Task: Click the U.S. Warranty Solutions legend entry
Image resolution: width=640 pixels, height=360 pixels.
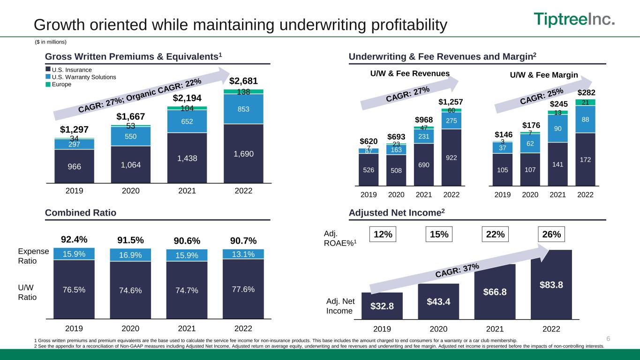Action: pos(81,77)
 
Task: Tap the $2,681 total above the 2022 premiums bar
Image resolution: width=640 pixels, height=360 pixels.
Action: pos(243,82)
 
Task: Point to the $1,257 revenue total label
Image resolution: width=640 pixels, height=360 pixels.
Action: pos(450,102)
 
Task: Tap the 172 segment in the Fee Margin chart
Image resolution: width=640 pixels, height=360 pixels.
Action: pos(585,159)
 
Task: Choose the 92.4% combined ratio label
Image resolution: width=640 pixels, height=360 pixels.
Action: pos(74,240)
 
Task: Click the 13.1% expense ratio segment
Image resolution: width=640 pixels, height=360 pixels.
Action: pos(243,254)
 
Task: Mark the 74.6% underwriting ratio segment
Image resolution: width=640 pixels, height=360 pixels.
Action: pos(130,290)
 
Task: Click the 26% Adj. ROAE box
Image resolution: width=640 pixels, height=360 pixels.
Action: pos(551,234)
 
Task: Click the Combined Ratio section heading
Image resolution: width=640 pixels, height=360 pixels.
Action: pos(81,213)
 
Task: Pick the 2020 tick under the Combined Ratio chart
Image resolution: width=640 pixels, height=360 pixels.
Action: pos(130,328)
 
